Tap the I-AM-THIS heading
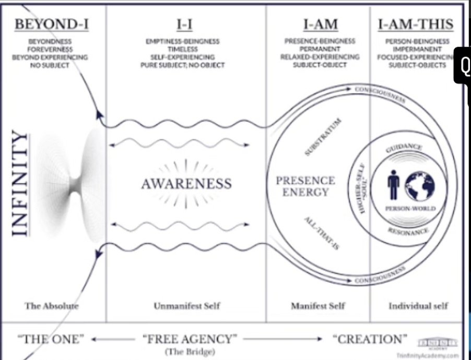(x=416, y=24)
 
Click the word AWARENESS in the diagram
(x=186, y=184)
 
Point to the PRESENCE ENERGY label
(x=305, y=186)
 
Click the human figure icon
(x=394, y=186)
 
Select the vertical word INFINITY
(x=19, y=184)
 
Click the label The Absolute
(x=52, y=306)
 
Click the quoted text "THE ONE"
(x=51, y=339)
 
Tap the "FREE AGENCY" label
(x=187, y=339)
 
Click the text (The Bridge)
(x=187, y=352)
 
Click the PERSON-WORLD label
(x=410, y=209)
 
